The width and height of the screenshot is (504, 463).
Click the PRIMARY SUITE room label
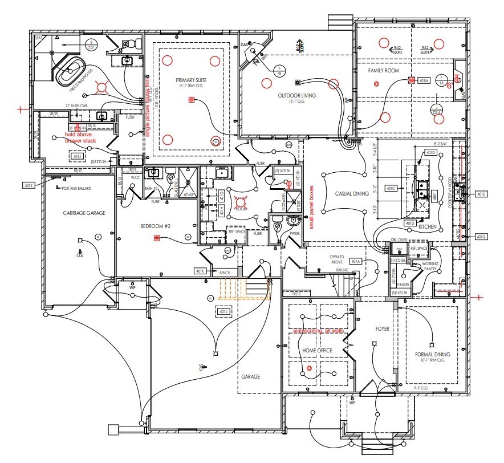point(191,82)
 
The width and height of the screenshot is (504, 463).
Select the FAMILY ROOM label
point(383,71)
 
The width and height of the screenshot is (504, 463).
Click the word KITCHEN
point(427,227)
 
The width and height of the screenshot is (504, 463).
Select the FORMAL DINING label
point(433,355)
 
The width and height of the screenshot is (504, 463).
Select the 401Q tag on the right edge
point(481,236)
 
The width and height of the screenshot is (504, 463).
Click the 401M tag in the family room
point(423,81)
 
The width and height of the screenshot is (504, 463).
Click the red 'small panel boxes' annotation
point(312,206)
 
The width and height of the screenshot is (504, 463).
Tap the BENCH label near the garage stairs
point(225,274)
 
